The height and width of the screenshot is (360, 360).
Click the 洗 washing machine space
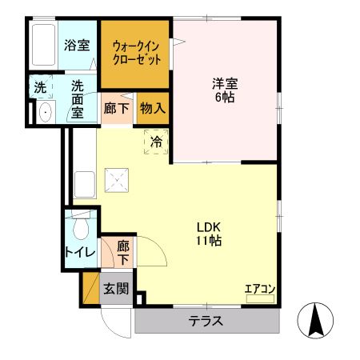(39, 86)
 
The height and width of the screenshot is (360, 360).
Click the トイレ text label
(80, 254)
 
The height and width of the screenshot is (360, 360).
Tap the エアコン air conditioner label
(260, 288)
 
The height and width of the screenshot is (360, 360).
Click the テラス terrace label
(206, 322)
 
